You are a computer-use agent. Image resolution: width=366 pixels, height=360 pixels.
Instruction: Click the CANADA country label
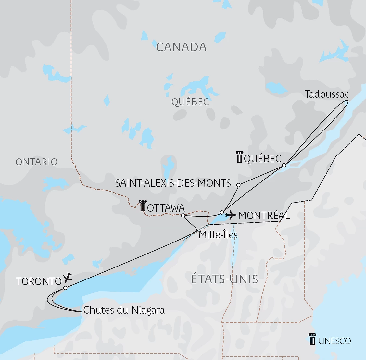(181, 47)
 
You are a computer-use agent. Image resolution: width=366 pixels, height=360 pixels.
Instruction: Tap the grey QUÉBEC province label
(190, 102)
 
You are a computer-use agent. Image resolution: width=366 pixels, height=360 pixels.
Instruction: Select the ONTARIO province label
(36, 162)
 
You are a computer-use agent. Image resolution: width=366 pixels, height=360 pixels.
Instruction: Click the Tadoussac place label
(327, 94)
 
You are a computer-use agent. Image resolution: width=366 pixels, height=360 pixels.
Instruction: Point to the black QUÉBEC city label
(262, 159)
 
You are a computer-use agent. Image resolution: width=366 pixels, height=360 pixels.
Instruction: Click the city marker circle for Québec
(284, 165)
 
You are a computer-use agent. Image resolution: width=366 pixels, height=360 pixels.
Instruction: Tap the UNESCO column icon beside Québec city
(239, 157)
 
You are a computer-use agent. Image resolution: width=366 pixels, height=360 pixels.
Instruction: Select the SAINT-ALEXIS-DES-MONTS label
(173, 183)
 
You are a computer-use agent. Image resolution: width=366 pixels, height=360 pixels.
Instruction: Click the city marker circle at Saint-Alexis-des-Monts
(238, 185)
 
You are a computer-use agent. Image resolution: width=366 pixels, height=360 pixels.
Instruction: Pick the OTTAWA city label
(166, 208)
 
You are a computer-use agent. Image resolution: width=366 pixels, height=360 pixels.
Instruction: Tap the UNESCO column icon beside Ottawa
(143, 206)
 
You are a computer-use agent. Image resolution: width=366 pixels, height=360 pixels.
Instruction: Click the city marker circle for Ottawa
(183, 215)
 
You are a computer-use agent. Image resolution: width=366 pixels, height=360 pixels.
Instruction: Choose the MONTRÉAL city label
(264, 216)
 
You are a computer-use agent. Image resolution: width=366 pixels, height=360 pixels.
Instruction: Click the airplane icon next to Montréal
(231, 215)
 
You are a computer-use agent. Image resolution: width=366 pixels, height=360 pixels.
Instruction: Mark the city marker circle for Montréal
(221, 212)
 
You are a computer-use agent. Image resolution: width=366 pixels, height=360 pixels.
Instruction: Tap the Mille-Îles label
(218, 235)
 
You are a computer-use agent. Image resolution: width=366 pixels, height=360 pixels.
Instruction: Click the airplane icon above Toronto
(68, 277)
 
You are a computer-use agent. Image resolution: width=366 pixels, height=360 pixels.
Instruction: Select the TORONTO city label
(39, 281)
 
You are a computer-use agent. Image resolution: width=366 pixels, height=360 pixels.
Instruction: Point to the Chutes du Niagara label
(124, 310)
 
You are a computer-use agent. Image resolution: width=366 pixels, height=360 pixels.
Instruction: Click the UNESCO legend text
(334, 341)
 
